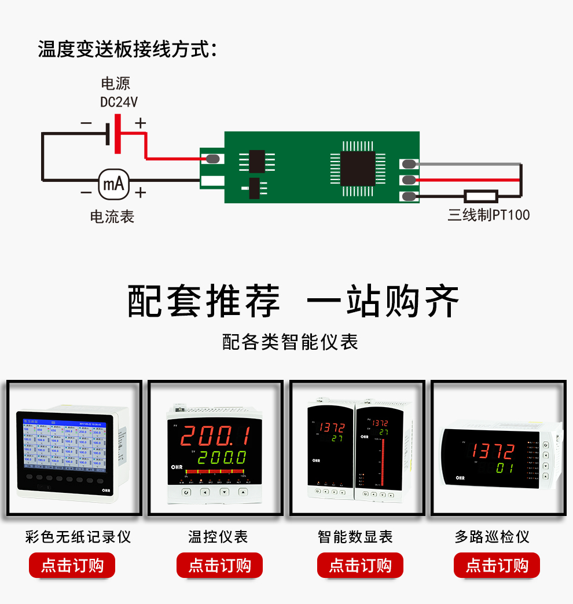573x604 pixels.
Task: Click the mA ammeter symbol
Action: pyautogui.click(x=113, y=184)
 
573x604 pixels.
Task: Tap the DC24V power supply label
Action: pyautogui.click(x=119, y=103)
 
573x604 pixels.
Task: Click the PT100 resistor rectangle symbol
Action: pyautogui.click(x=481, y=196)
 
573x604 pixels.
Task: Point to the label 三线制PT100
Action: pyautogui.click(x=488, y=215)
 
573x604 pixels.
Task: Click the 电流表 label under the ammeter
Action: pyautogui.click(x=112, y=217)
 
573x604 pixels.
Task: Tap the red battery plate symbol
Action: pyautogui.click(x=118, y=134)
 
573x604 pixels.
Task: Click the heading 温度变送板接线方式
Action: pyautogui.click(x=127, y=49)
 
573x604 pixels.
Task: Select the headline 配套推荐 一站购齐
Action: pyautogui.click(x=293, y=301)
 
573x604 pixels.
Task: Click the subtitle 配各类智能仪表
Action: pyautogui.click(x=291, y=342)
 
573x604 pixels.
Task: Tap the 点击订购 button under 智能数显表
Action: pyautogui.click(x=360, y=565)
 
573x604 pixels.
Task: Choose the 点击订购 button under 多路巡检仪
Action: pyautogui.click(x=497, y=565)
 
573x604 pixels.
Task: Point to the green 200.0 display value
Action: pyautogui.click(x=223, y=457)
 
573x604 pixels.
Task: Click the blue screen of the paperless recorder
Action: pyautogui.click(x=65, y=443)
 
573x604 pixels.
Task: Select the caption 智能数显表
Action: pyautogui.click(x=355, y=537)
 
